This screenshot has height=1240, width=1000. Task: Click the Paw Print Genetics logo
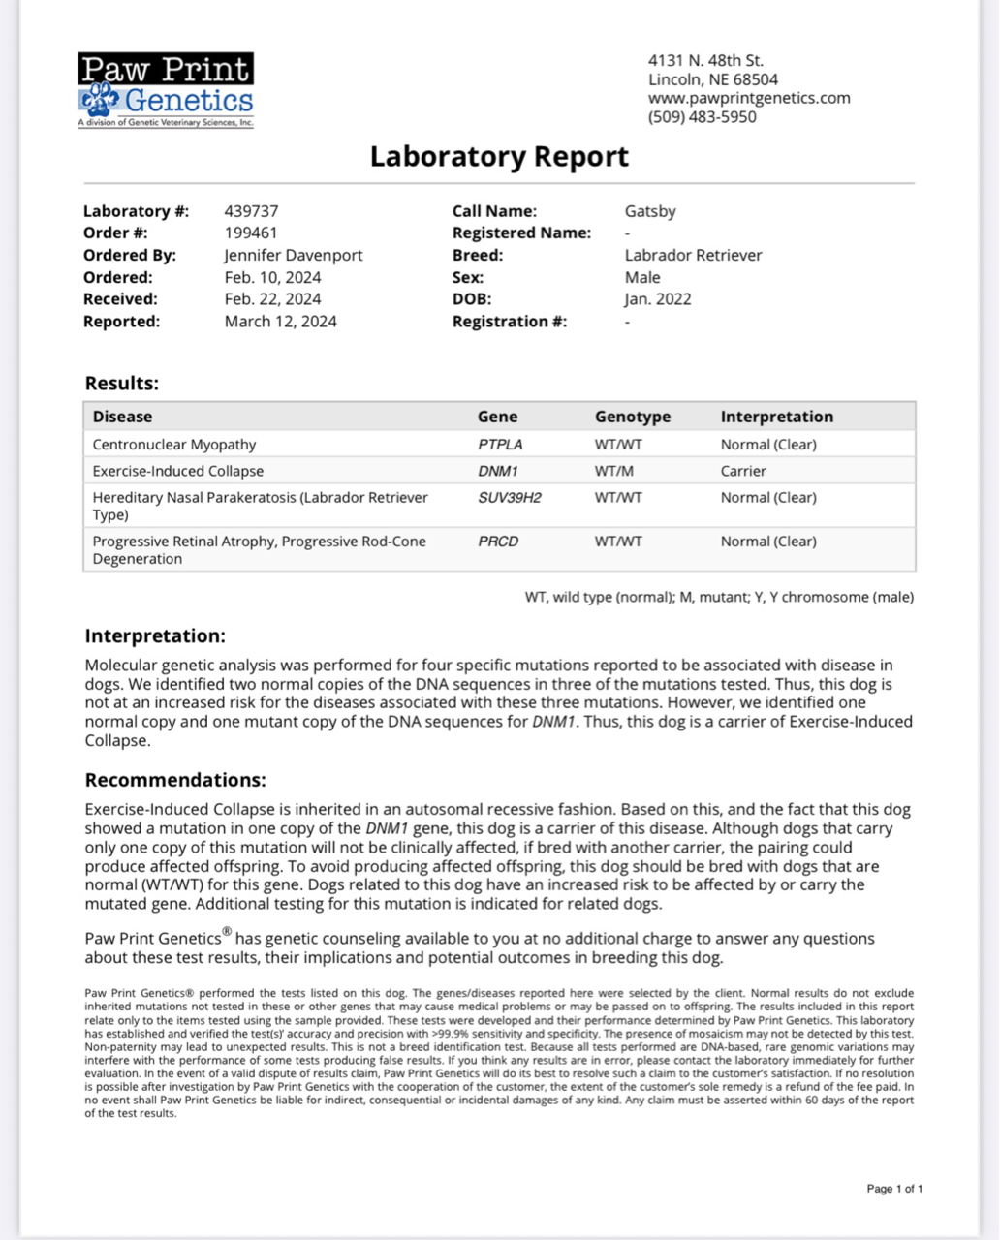pos(166,90)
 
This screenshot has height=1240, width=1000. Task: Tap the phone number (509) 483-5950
pos(703,117)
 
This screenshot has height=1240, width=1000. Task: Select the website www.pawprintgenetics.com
pos(749,98)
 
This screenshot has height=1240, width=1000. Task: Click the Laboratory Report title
pos(499,157)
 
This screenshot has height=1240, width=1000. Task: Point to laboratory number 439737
pos(251,211)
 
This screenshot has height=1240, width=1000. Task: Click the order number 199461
pos(251,232)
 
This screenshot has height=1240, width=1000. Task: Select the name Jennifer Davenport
pos(294,256)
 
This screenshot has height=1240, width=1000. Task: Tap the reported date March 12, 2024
pos(281,322)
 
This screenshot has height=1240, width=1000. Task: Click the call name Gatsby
pos(650,211)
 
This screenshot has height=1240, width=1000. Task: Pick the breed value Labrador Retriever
pos(694,256)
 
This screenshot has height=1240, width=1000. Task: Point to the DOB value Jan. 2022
pos(658,299)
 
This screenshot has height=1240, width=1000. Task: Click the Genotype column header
pos(633,417)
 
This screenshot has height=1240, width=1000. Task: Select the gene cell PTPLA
pos(500,445)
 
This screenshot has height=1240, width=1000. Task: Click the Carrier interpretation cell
pos(743,471)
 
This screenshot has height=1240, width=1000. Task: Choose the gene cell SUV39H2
pos(510,498)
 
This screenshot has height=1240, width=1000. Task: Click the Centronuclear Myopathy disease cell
pos(174,445)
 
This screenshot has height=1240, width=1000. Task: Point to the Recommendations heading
pos(175,781)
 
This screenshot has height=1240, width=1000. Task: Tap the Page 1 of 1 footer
pos(894,1189)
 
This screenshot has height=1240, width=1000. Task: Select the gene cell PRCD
pos(498,542)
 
